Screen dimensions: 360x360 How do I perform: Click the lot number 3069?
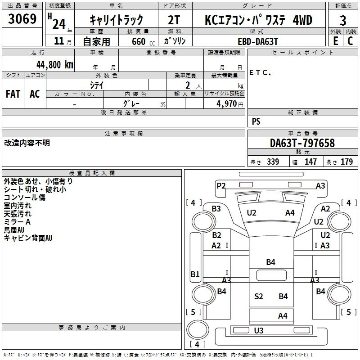pyautogui.click(x=22, y=19)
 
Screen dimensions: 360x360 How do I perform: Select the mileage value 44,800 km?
pyautogui.click(x=55, y=65)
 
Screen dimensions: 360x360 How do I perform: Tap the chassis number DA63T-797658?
pyautogui.click(x=302, y=143)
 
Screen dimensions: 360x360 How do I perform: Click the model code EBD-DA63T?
pyautogui.click(x=258, y=41)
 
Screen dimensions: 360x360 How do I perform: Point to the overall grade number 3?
pyautogui.click(x=343, y=21)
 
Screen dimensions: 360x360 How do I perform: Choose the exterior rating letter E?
pyautogui.click(x=336, y=41)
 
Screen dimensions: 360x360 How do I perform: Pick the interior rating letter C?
pyautogui.click(x=350, y=41)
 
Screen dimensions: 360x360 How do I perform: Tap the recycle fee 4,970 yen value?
pyautogui.click(x=229, y=104)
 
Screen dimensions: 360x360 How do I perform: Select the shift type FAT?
pyautogui.click(x=13, y=94)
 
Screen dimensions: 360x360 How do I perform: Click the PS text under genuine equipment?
pyautogui.click(x=256, y=121)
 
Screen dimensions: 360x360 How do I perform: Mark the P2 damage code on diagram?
pyautogui.click(x=221, y=185)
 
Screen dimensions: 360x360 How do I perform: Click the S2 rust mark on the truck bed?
pyautogui.click(x=258, y=297)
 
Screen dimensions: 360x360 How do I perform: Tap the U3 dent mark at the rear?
pyautogui.click(x=259, y=330)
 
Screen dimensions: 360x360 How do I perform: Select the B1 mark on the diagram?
pyautogui.click(x=195, y=274)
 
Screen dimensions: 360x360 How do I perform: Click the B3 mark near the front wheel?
pyautogui.click(x=216, y=209)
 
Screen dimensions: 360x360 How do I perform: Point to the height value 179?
pyautogui.click(x=346, y=162)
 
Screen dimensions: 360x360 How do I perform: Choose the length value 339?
pyautogui.click(x=273, y=162)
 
